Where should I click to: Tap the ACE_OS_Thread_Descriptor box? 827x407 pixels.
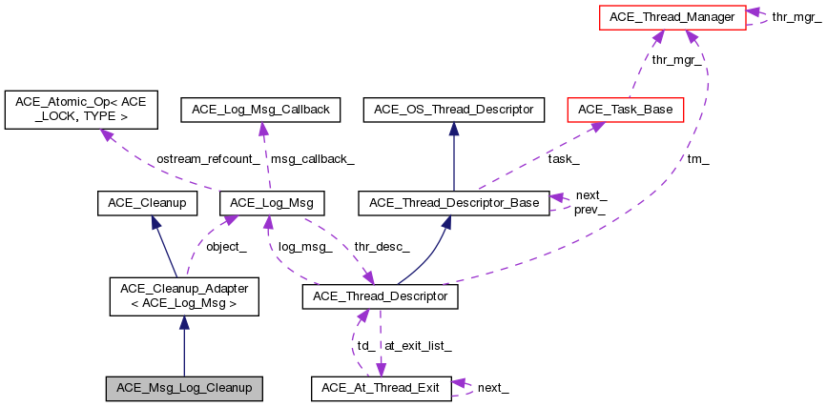coord(453,110)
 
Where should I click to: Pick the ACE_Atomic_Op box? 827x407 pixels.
coord(80,110)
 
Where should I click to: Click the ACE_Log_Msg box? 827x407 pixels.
coord(272,202)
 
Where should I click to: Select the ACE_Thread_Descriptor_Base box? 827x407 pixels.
coord(453,202)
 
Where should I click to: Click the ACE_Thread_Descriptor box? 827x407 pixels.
coord(381,297)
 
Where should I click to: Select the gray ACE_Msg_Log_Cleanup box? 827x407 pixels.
coord(183,388)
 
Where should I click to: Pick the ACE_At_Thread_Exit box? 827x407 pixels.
coord(379,388)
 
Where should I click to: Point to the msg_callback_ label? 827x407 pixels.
coord(313,158)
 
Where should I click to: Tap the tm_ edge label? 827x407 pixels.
coord(698,158)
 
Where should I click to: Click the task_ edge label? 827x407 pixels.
coord(563,158)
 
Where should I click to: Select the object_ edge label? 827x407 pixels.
coord(227,246)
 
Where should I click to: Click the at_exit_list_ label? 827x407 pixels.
coord(417,344)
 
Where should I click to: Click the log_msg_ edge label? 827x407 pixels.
coord(304,246)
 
